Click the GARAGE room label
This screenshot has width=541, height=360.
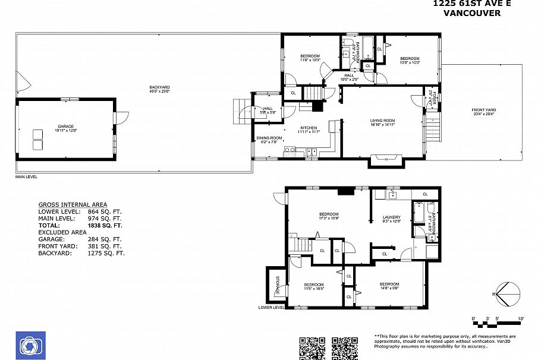(65, 126)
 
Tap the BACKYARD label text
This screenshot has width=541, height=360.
(159, 88)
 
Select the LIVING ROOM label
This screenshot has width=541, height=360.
(383, 121)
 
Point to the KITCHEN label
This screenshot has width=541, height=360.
(309, 128)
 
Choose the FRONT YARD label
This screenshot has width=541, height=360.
(483, 110)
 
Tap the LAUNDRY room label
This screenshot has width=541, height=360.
(391, 217)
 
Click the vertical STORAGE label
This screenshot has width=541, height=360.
(277, 286)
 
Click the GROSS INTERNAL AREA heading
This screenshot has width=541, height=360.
(73, 204)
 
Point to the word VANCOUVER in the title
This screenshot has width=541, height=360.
(471, 12)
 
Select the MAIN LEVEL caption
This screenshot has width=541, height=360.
(27, 177)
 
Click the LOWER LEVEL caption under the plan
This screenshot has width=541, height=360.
(272, 307)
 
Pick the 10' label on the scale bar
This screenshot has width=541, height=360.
(521, 320)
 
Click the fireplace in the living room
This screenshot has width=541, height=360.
(386, 159)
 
